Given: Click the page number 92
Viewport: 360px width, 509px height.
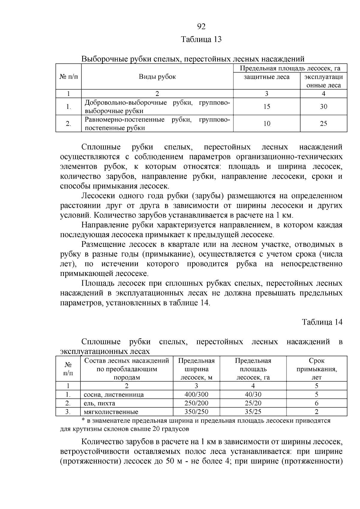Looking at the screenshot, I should click(x=201, y=27).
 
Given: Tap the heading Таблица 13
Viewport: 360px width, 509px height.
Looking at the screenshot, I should click(x=201, y=39).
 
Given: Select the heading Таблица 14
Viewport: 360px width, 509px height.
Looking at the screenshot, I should click(x=322, y=322).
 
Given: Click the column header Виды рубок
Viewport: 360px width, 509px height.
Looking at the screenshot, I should click(x=157, y=76).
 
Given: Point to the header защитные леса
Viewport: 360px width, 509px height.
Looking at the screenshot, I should click(x=266, y=77).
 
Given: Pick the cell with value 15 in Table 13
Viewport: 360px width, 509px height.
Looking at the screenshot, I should click(x=267, y=106).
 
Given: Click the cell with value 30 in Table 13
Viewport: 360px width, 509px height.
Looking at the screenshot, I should click(x=323, y=106).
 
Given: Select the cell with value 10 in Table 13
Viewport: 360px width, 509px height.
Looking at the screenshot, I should click(x=267, y=124).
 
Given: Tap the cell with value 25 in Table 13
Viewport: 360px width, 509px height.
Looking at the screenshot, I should click(x=323, y=124).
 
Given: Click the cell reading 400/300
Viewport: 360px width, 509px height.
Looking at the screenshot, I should click(x=196, y=394).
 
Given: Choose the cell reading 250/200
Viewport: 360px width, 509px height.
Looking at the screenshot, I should click(x=196, y=403).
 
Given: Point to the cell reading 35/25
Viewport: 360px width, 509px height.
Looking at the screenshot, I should click(x=253, y=412).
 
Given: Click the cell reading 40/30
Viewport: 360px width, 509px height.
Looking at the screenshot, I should click(x=253, y=394).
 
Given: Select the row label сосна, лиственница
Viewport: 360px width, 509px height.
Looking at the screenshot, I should click(x=114, y=395).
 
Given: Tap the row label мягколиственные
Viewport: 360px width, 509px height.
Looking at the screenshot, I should click(x=111, y=412).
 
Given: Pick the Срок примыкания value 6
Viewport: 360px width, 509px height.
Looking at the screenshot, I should click(x=316, y=403).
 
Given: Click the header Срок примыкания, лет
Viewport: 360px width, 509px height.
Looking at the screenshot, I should click(x=316, y=369).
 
